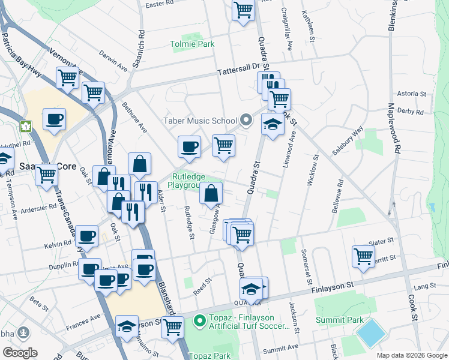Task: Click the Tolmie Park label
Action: click(x=192, y=44)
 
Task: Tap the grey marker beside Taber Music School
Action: click(x=246, y=121)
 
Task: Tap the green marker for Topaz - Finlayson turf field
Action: click(x=199, y=323)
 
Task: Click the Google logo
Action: click(x=20, y=353)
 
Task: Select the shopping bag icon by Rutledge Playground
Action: click(x=211, y=194)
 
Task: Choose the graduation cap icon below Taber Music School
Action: click(x=273, y=125)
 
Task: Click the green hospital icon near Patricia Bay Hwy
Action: click(x=26, y=127)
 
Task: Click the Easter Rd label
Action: click(x=159, y=4)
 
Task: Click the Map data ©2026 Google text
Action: click(x=411, y=355)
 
